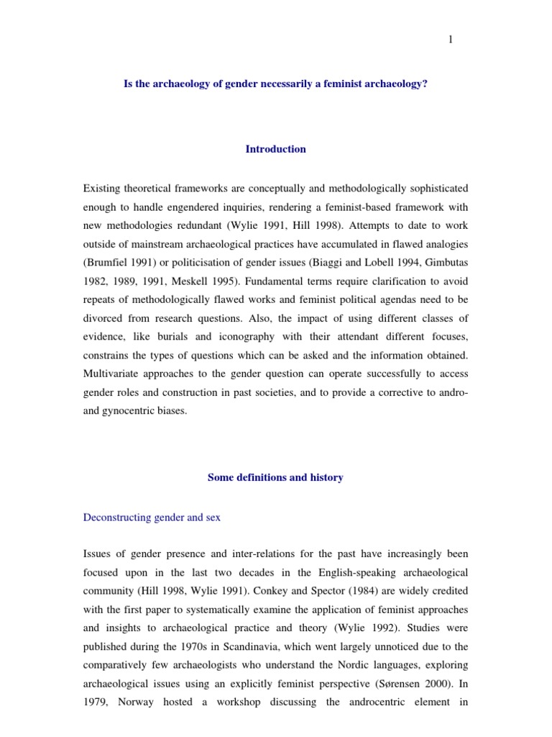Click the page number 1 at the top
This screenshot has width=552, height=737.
pos(451,40)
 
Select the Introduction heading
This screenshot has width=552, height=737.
pos(276,149)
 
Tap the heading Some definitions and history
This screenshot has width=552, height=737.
pos(275,477)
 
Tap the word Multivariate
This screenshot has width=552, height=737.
pos(114,375)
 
